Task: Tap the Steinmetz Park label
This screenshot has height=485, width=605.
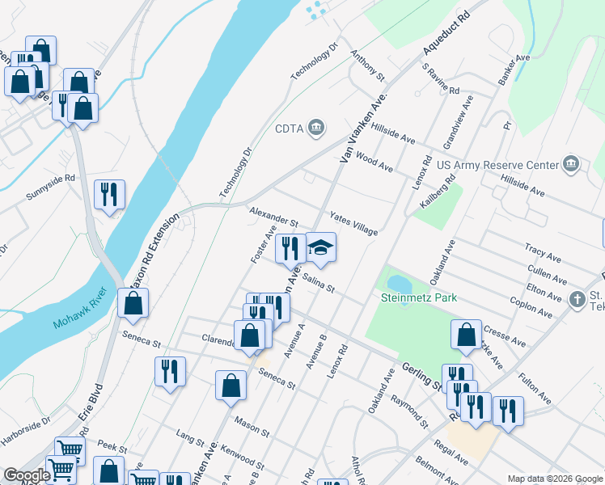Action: (x=419, y=297)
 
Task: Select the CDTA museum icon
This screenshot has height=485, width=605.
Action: (x=316, y=128)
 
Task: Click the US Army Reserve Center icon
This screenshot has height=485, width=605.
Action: (x=572, y=164)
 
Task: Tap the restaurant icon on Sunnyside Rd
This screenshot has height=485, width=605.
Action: (x=109, y=194)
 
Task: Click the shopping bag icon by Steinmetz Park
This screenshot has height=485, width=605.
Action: (x=466, y=336)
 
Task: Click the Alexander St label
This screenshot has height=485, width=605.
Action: (x=274, y=217)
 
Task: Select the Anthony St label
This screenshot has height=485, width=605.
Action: (x=367, y=65)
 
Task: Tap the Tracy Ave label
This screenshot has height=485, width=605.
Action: (x=543, y=254)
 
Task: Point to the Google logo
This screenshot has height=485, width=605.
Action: (x=27, y=475)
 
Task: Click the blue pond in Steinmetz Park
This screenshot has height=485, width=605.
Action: (x=400, y=284)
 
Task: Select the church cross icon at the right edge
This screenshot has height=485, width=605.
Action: (x=577, y=299)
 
